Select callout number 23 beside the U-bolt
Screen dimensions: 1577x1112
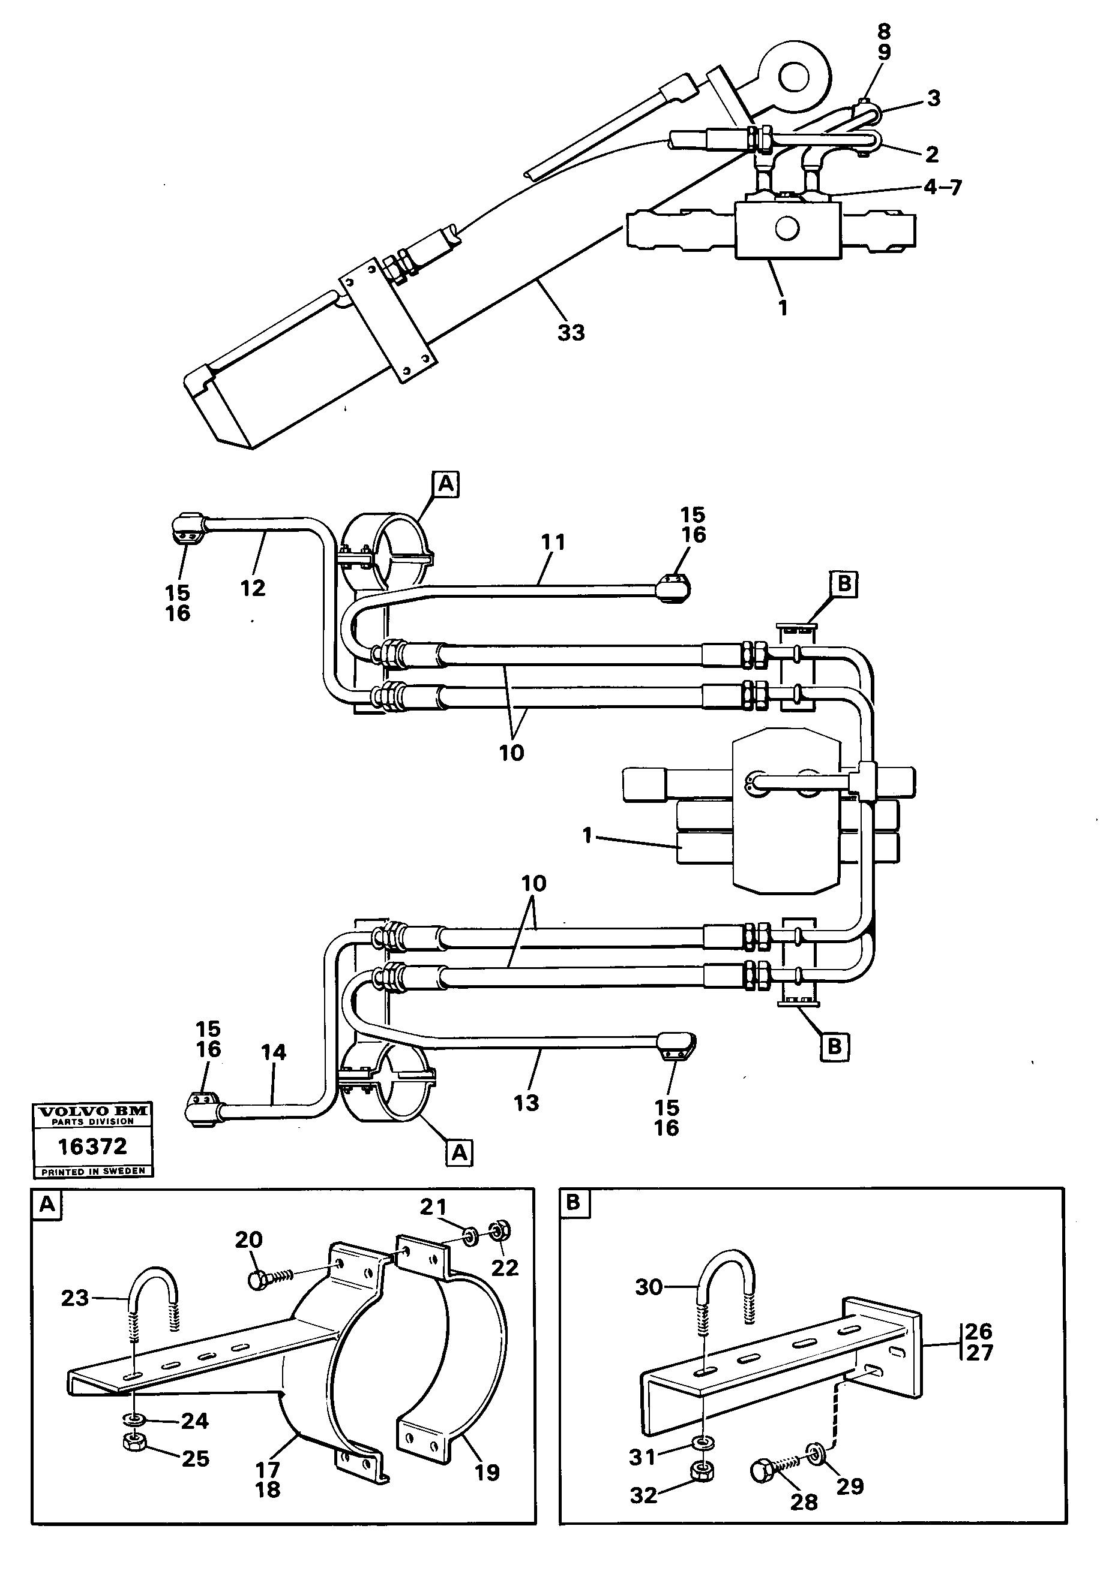pos(75,1298)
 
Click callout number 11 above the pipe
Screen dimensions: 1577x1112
pos(553,542)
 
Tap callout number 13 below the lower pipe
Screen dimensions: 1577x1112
pos(526,1103)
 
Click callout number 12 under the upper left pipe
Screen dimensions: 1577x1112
pos(252,588)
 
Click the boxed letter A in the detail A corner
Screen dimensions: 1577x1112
pos(47,1205)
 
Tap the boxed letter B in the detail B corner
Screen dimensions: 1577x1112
pos(574,1203)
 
